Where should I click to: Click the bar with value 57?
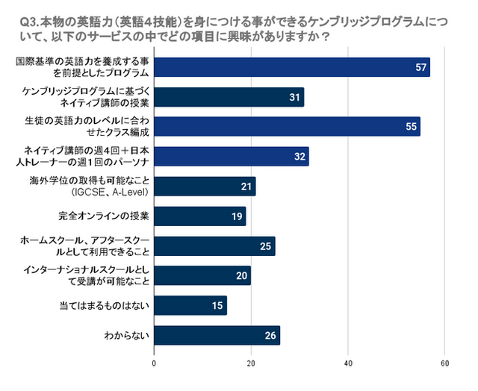291,67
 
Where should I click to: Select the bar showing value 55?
287,126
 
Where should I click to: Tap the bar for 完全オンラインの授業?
199,216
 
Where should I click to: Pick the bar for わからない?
217,335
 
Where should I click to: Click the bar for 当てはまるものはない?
190,305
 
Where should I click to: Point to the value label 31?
295,97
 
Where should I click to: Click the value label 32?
299,157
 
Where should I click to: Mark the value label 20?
242,275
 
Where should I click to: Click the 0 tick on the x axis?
154,364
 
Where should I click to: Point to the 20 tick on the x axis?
251,364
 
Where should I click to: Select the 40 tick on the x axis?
348,364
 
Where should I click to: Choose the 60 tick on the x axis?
445,364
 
